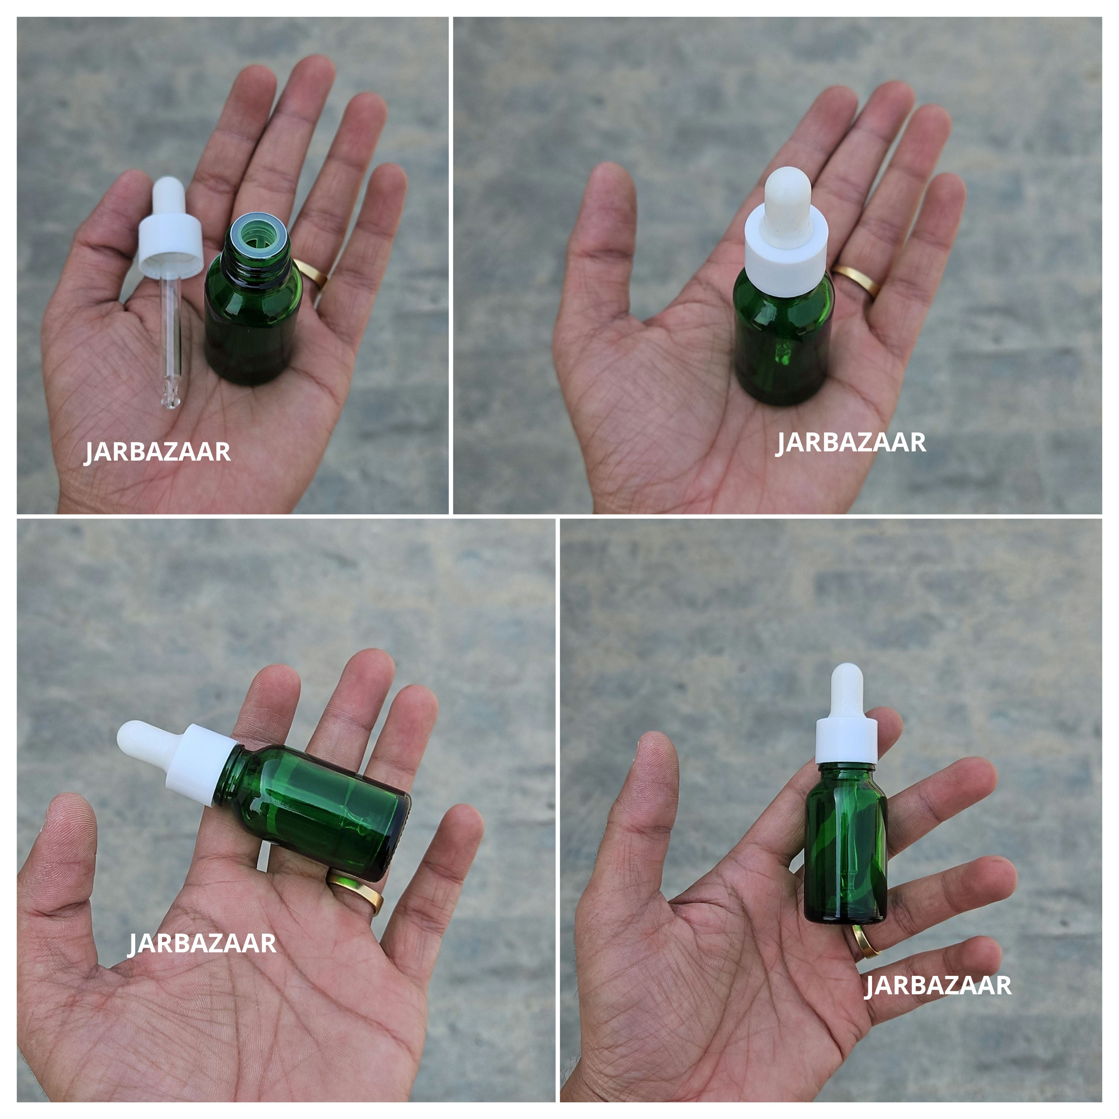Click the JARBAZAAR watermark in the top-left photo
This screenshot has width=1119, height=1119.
click(158, 452)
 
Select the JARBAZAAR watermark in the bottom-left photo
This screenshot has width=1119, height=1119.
click(202, 944)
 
